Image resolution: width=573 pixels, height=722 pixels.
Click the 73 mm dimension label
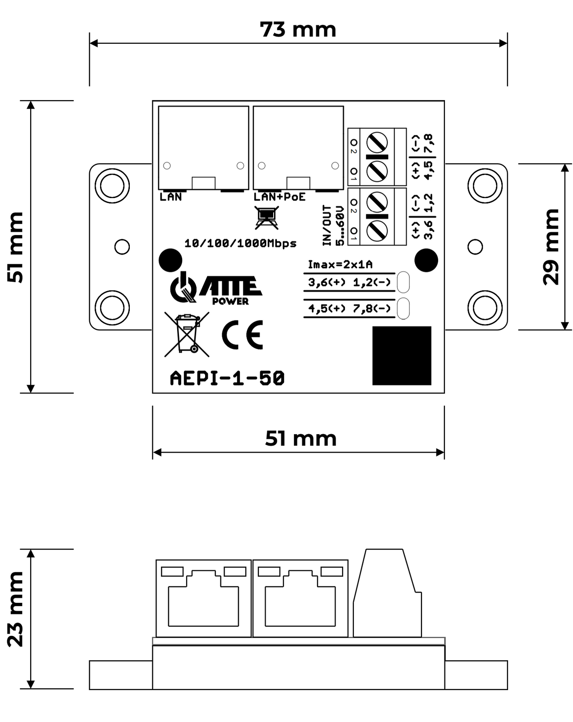(298, 30)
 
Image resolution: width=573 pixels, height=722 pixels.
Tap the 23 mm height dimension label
(15, 609)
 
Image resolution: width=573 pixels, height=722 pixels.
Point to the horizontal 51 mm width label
(301, 439)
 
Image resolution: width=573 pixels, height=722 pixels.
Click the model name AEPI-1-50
(227, 378)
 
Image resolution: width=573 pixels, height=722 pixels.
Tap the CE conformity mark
(243, 335)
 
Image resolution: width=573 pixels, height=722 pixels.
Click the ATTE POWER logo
(215, 289)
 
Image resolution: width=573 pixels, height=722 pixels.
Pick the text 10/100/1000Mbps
(240, 244)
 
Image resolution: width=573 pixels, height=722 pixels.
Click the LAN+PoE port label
(280, 197)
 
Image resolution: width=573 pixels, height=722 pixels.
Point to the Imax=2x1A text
(340, 264)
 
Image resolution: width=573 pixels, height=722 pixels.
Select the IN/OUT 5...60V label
(333, 226)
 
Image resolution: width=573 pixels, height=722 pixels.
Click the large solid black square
(402, 356)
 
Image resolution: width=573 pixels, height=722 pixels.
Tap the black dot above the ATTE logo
(170, 260)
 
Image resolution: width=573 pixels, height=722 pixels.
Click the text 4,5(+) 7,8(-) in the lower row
(349, 309)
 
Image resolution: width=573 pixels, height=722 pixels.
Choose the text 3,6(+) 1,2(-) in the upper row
(349, 282)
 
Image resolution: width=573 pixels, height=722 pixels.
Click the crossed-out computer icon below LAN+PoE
(267, 218)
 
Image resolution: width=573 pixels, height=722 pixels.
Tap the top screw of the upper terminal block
(377, 143)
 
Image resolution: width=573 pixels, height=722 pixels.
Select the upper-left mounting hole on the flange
(112, 185)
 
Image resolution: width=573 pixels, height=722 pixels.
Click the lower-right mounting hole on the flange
(485, 307)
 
